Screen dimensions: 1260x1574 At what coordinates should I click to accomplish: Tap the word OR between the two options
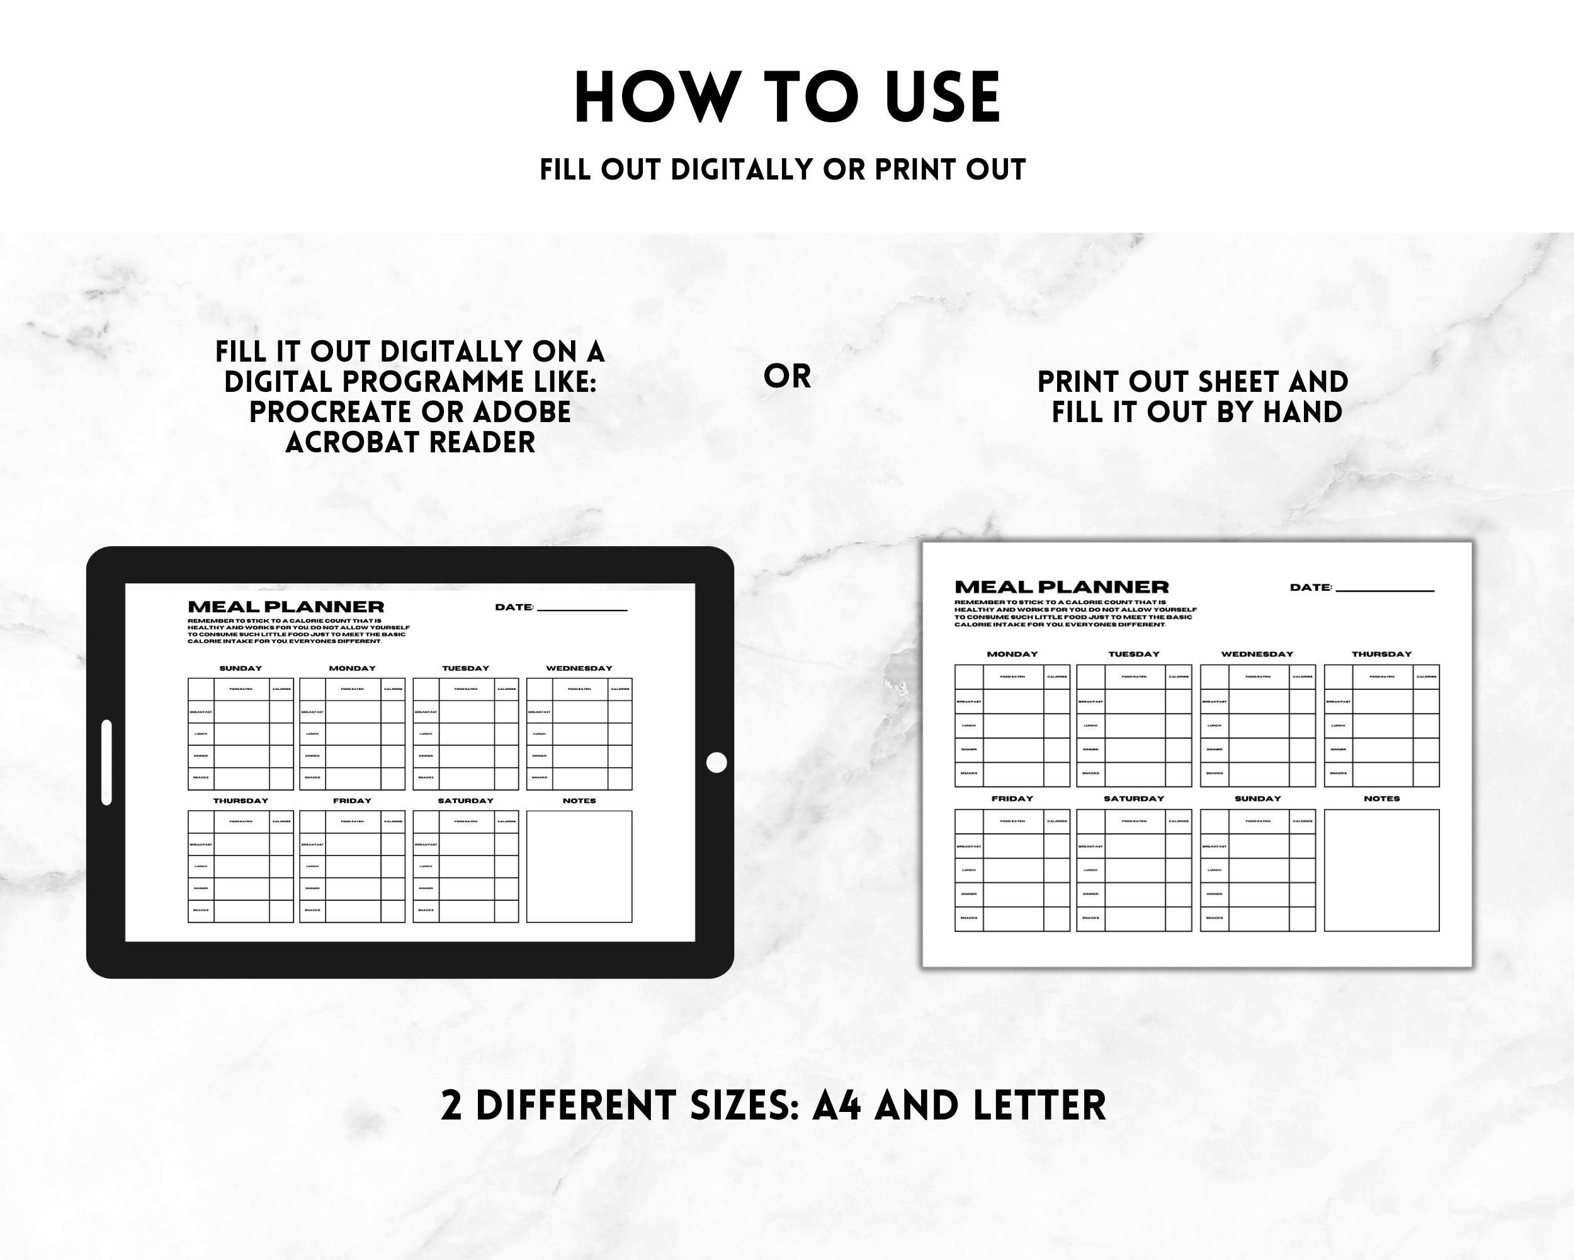787,377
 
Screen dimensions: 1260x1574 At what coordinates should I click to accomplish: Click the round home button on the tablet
717,762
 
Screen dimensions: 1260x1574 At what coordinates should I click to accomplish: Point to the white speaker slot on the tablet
106,762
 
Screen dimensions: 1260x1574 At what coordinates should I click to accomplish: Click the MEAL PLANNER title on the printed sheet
1062,587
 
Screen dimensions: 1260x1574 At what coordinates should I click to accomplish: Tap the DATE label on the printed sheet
1310,587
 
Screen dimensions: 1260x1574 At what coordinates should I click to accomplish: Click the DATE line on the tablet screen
582,609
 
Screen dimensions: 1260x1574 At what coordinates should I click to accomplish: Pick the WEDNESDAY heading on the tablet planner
579,668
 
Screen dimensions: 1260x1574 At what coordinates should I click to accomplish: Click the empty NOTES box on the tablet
579,866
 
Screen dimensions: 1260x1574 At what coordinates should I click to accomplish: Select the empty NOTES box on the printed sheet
1381,870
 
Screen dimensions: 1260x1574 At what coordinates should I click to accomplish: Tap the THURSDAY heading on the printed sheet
1381,655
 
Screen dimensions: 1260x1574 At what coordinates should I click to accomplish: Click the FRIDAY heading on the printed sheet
1012,799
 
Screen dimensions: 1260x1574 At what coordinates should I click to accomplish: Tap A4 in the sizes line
837,1105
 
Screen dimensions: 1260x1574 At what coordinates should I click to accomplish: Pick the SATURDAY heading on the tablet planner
465,801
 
